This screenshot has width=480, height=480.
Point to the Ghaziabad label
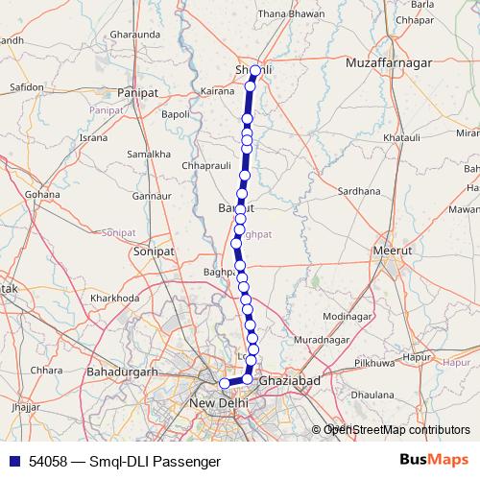click(289, 381)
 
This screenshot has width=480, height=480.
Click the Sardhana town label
click(360, 190)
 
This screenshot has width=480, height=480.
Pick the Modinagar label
click(348, 316)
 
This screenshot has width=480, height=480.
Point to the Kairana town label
click(218, 92)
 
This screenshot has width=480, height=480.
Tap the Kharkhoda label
click(114, 298)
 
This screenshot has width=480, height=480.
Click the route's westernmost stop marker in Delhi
click(225, 383)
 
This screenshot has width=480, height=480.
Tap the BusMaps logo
click(436, 461)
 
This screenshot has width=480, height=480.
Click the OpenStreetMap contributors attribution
click(396, 430)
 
